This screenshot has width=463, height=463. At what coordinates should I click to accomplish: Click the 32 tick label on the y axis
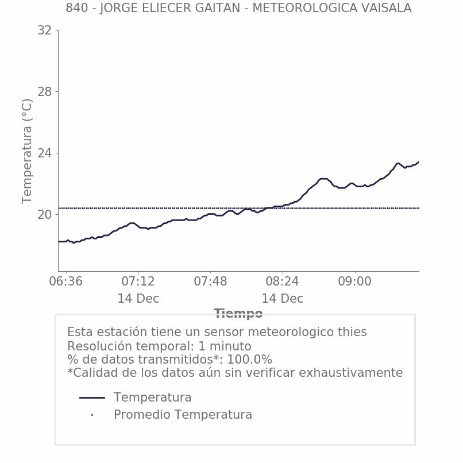point(44,30)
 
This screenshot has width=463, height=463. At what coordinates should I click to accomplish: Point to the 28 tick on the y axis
point(44,92)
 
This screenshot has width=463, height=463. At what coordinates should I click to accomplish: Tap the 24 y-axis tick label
point(44,153)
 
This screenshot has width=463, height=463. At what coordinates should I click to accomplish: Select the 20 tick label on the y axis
point(44,215)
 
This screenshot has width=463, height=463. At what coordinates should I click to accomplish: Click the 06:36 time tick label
point(65,282)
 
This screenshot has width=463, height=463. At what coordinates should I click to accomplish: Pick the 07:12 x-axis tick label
point(138,282)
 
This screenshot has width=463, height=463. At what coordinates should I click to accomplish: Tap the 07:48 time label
point(210,282)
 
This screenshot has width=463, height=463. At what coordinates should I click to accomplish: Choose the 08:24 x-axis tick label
point(282,282)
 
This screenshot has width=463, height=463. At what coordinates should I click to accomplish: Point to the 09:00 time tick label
point(354,282)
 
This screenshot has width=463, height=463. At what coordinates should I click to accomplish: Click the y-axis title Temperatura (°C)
point(28,151)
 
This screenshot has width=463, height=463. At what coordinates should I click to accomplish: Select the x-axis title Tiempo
point(238,314)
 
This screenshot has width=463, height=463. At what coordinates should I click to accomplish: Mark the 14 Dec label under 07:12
point(138,299)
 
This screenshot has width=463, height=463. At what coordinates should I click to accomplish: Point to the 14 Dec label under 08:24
point(282,299)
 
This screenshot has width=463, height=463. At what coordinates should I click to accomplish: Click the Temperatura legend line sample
point(92,398)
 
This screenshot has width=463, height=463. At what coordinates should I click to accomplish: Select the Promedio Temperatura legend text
point(183,415)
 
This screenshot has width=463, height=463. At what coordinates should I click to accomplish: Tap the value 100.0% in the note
point(249,360)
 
